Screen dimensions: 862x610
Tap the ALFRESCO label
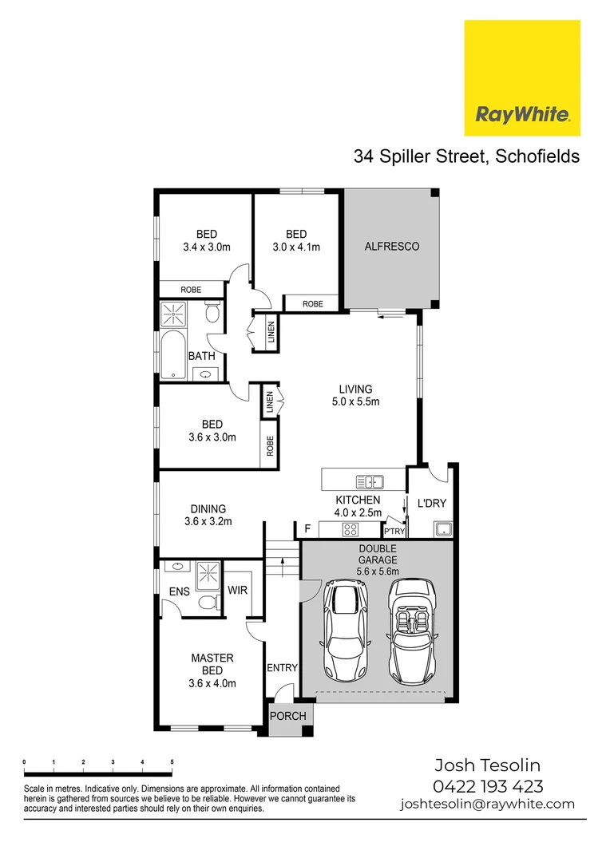point(391,247)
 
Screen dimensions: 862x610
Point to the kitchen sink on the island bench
point(370,481)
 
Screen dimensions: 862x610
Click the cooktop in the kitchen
point(350,529)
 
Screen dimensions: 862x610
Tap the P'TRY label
point(394,531)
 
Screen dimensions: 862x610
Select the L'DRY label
point(431,504)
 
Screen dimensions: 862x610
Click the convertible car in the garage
point(413,631)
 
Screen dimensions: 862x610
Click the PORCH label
point(287,716)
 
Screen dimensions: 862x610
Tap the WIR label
point(237,591)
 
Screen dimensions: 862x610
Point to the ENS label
point(179,591)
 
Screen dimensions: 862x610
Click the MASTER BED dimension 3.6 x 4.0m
point(212,683)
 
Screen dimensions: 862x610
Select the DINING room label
point(208,508)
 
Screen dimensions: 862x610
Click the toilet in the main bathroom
point(212,314)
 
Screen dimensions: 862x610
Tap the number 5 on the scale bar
point(172,762)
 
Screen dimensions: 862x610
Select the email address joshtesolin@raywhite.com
point(487,805)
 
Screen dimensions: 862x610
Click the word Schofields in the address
point(537,156)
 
